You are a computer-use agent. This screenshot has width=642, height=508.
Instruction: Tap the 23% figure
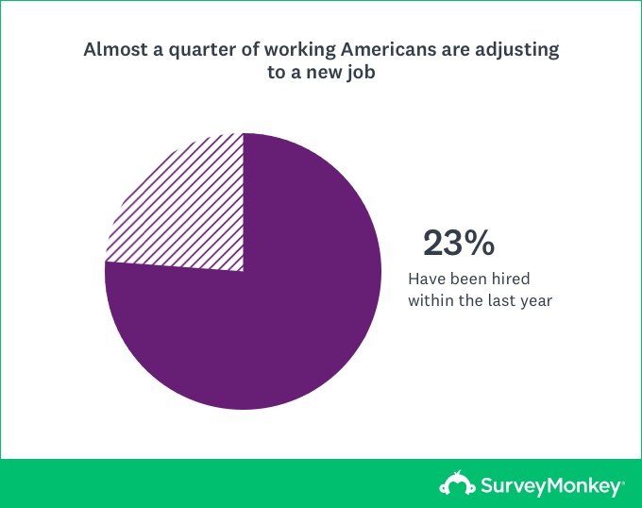pyautogui.click(x=459, y=244)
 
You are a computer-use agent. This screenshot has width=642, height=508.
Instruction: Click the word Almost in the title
pyautogui.click(x=115, y=49)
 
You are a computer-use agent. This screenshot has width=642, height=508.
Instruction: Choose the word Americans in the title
pyautogui.click(x=389, y=49)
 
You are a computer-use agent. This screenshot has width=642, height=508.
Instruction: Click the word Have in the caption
pyautogui.click(x=427, y=279)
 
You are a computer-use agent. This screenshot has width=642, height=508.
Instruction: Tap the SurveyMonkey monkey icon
pyautogui.click(x=457, y=483)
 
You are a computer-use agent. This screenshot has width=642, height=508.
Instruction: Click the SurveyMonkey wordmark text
pyautogui.click(x=550, y=486)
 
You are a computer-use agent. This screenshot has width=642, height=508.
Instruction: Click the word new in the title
pyautogui.click(x=324, y=74)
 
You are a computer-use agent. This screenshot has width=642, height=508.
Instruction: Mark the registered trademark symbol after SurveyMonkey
pyautogui.click(x=623, y=483)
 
